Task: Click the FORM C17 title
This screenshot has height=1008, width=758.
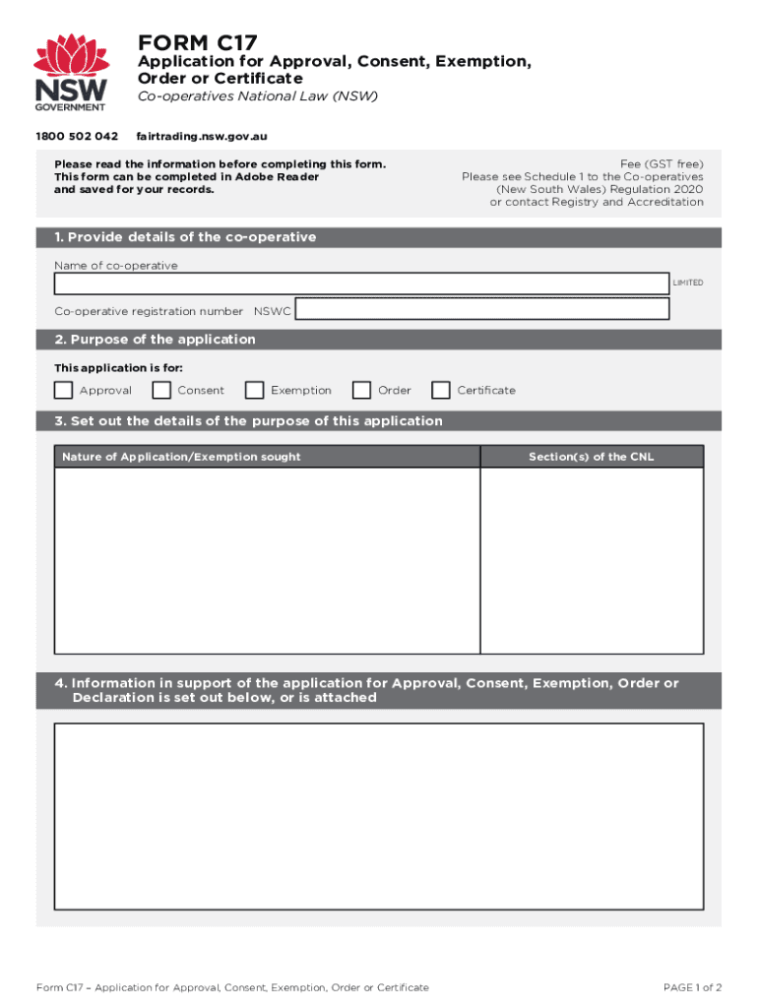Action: click(x=197, y=42)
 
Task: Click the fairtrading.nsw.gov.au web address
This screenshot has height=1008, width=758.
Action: click(x=202, y=135)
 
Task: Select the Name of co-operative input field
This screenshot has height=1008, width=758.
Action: click(x=361, y=283)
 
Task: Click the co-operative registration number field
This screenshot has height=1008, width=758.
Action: click(x=482, y=309)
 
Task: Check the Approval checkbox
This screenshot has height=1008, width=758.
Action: click(x=64, y=391)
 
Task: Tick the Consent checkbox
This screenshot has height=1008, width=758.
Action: click(x=161, y=391)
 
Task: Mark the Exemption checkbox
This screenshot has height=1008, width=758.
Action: click(x=255, y=391)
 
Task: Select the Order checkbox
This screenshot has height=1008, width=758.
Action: click(x=362, y=391)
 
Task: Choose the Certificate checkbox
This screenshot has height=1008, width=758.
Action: click(x=441, y=391)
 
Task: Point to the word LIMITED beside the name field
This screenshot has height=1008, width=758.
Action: click(x=688, y=283)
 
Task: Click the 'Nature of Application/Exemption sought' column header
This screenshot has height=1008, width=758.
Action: click(x=181, y=457)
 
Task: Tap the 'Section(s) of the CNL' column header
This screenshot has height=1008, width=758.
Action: click(x=591, y=457)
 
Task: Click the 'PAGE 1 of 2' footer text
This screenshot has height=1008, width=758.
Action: click(x=693, y=987)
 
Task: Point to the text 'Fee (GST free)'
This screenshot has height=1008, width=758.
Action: click(x=662, y=163)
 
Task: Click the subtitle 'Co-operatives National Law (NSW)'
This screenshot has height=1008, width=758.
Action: click(x=257, y=96)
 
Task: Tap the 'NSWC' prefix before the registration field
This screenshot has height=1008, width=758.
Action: click(x=272, y=311)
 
